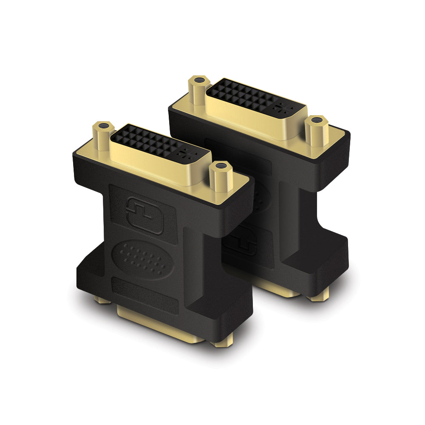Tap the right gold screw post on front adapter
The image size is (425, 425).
pyautogui.click(x=220, y=176)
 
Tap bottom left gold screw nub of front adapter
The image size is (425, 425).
pyautogui.click(x=102, y=300)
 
